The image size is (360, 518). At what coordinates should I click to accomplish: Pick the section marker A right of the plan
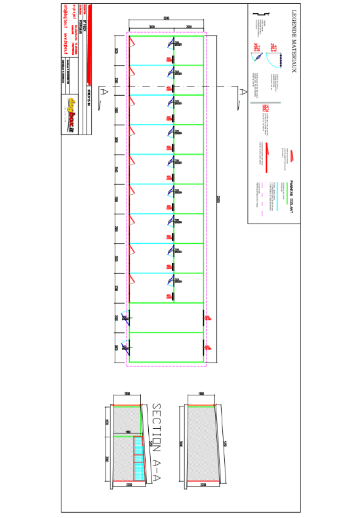click(243, 92)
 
